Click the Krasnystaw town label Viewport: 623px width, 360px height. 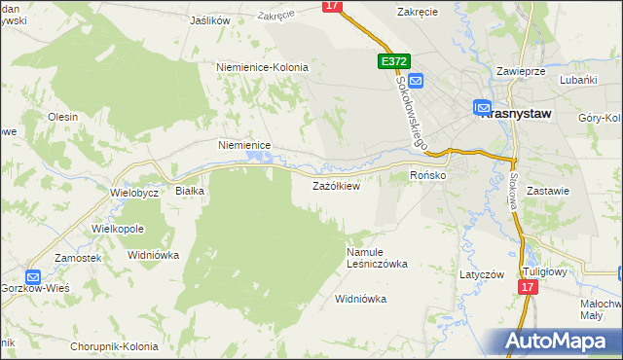click(516, 114)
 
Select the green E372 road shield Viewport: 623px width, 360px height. click(392, 61)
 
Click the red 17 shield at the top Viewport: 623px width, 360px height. click(333, 6)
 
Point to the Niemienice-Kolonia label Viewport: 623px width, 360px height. click(262, 67)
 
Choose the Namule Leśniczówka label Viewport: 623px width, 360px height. click(377, 258)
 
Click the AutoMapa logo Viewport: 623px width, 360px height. click(554, 342)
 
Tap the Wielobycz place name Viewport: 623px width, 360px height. click(134, 193)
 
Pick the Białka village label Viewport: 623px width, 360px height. click(189, 192)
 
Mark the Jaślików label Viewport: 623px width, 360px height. click(210, 19)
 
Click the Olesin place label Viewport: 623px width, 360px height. click(62, 116)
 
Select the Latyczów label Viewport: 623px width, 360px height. click(482, 274)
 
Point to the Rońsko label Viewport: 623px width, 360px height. click(427, 175)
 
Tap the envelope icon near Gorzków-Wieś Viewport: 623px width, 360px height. click(32, 276)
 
